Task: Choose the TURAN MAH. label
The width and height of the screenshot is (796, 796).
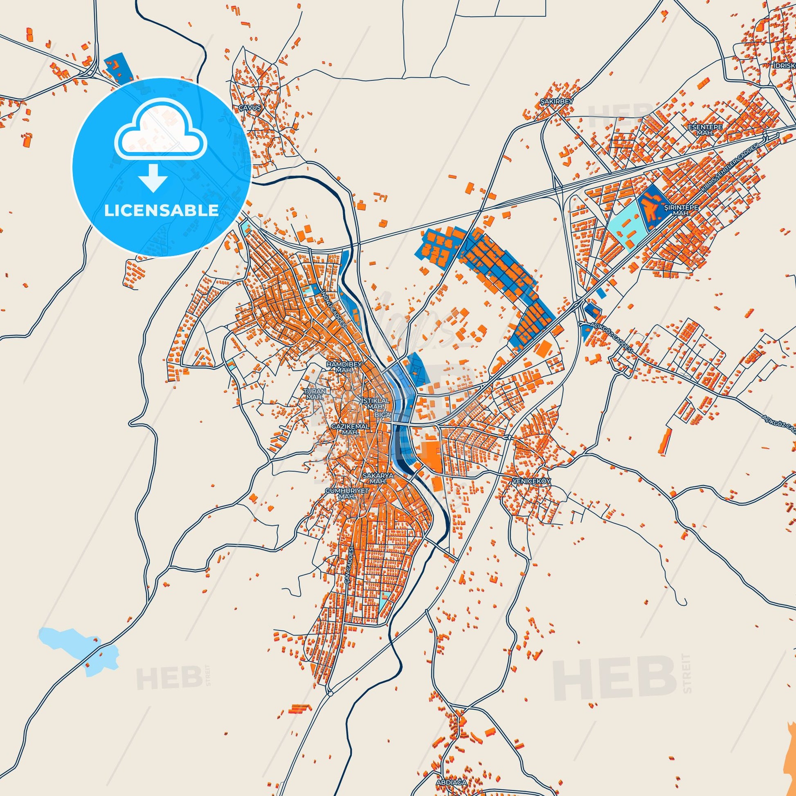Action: [315, 394]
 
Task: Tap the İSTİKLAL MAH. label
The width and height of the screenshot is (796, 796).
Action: [376, 403]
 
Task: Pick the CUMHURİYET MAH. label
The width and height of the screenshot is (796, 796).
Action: [345, 494]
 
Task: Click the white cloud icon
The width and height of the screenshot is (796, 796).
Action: [162, 137]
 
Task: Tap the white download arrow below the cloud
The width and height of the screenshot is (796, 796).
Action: [153, 177]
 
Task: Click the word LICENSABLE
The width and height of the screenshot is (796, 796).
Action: [161, 210]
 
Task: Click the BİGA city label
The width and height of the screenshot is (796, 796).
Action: [380, 415]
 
